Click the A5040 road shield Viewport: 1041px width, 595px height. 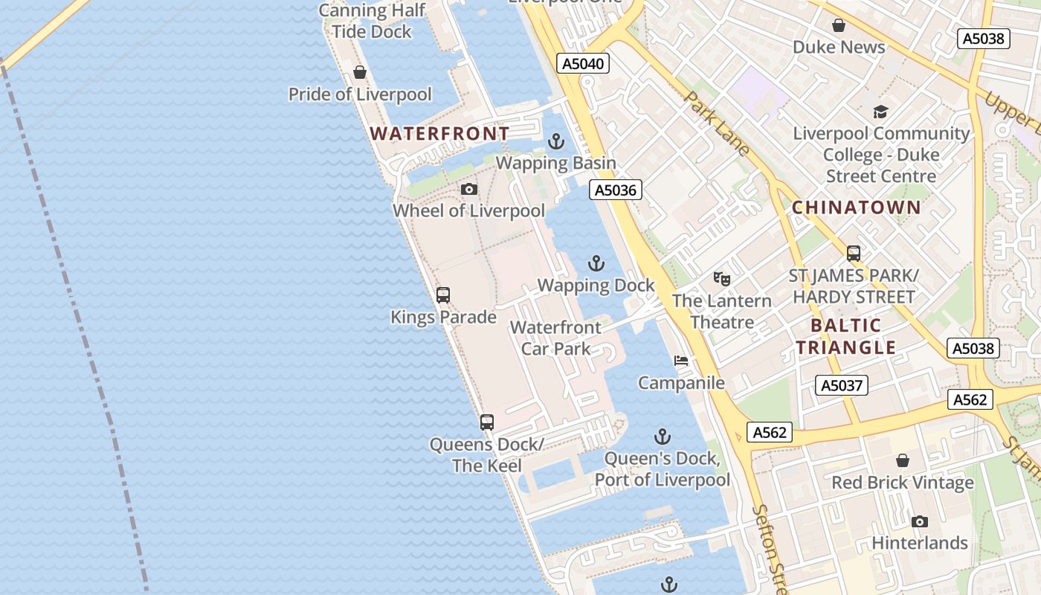(x=583, y=63)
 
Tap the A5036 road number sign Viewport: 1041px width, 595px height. (x=616, y=190)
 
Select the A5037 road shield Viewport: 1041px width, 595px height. (x=841, y=385)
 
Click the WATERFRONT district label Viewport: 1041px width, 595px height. (x=440, y=134)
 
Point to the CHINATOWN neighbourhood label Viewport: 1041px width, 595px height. (x=856, y=208)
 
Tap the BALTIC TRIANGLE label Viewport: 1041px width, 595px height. (x=846, y=336)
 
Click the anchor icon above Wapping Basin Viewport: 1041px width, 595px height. (x=556, y=141)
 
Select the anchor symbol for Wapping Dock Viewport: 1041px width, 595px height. (x=596, y=263)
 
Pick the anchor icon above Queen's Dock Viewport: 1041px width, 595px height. (x=662, y=437)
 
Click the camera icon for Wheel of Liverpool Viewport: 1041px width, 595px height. (x=468, y=189)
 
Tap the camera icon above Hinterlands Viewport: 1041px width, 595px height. (x=920, y=521)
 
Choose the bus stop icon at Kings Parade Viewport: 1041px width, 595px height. (x=443, y=295)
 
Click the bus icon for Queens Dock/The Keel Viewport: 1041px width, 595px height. (x=487, y=422)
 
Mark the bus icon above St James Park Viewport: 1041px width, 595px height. (x=854, y=254)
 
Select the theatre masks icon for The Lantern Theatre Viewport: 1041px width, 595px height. (x=721, y=279)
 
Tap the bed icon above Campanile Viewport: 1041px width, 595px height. (x=681, y=361)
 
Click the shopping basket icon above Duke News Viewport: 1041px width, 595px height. (x=839, y=25)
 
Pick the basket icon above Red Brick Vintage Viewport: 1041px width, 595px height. (x=902, y=460)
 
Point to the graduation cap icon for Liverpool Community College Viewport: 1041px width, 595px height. (x=881, y=112)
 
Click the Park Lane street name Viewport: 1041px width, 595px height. (x=716, y=123)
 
